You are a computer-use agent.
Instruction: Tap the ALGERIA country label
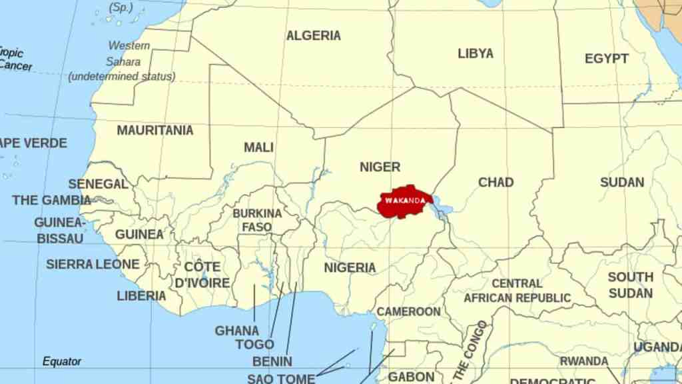(x=313, y=36)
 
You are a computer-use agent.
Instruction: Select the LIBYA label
(x=476, y=54)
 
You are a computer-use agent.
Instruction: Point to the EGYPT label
(x=606, y=59)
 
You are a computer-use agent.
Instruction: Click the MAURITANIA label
(x=155, y=131)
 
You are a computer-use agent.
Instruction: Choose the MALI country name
(x=258, y=147)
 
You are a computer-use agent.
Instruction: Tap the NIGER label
(x=380, y=167)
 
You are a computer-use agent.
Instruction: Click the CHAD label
(x=496, y=182)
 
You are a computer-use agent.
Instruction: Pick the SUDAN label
(x=621, y=182)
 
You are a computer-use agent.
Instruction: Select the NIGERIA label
(x=350, y=268)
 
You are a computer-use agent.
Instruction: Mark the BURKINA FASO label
(x=257, y=220)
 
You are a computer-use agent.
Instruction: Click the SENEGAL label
(x=98, y=184)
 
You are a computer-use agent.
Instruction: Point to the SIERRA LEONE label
(x=93, y=264)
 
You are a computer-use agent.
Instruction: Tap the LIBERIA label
(x=141, y=295)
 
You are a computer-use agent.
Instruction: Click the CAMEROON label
(x=408, y=311)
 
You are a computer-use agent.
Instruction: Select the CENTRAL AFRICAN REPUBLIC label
(x=517, y=291)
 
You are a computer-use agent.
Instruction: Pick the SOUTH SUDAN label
(x=630, y=285)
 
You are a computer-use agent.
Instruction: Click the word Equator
(x=62, y=361)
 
